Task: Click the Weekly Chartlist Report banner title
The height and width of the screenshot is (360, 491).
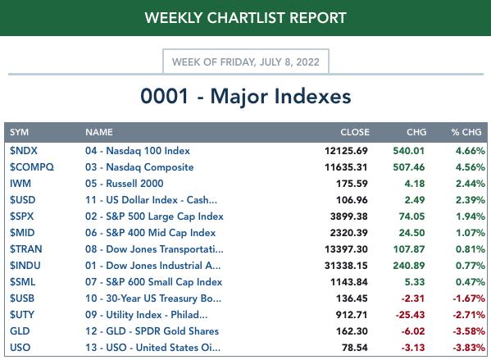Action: click(246, 18)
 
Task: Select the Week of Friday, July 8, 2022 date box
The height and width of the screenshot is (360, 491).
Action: click(246, 62)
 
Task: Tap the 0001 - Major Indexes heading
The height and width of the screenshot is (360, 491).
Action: click(246, 96)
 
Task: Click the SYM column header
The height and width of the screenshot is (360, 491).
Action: click(19, 132)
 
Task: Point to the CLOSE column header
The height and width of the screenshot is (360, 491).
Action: click(355, 132)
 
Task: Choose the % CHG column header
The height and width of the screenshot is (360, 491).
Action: click(466, 132)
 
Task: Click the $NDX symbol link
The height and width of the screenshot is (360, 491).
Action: click(24, 151)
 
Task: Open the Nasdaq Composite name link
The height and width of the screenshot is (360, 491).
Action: click(139, 167)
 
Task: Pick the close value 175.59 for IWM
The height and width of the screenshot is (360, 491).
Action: click(352, 184)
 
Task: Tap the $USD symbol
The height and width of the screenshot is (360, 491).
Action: click(23, 200)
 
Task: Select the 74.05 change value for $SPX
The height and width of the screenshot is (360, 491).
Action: click(411, 216)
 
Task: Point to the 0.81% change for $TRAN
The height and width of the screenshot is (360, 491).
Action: click(471, 249)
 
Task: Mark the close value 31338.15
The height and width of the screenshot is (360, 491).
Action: click(346, 266)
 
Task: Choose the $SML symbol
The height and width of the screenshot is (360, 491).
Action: click(23, 282)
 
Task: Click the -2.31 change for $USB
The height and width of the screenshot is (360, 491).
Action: click(413, 298)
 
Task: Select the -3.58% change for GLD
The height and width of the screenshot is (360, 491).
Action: click(469, 330)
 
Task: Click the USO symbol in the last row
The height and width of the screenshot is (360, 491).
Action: click(20, 348)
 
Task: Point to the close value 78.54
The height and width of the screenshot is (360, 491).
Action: click(355, 348)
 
